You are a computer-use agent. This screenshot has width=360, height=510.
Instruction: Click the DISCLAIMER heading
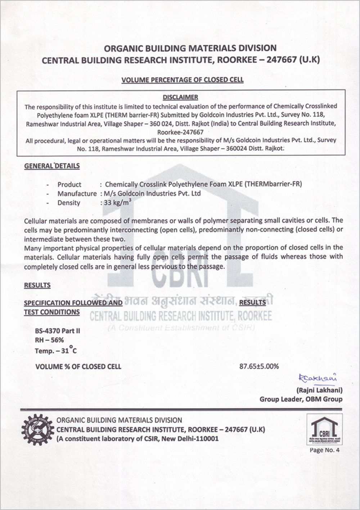coord(180,97)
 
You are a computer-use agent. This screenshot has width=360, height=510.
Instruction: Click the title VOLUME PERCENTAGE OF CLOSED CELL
coord(183,80)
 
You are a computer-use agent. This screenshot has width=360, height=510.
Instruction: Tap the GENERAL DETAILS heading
coord(52,166)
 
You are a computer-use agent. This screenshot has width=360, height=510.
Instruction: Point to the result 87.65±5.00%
coord(259,367)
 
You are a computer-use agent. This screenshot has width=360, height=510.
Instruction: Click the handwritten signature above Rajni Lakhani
coord(317,378)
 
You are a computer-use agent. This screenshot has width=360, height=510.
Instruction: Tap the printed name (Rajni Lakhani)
coord(319,390)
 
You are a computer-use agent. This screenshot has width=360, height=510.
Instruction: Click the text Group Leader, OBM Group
coord(301,399)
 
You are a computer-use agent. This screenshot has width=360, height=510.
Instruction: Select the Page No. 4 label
coord(324,450)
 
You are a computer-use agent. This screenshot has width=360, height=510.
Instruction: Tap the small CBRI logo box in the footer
coord(324,430)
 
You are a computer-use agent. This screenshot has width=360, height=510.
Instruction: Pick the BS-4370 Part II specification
coord(57,331)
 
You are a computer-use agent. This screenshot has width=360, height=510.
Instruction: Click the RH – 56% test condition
coord(49,340)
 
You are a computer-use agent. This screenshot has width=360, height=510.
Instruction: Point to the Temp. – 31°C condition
coord(56,350)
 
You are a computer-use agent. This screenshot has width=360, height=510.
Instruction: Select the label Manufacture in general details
coord(77,194)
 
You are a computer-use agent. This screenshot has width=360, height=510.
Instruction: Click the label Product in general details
coord(69,185)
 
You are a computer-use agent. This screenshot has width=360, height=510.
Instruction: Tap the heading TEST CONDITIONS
coord(52,312)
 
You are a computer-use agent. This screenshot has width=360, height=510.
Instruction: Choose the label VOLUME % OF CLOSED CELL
coord(78,367)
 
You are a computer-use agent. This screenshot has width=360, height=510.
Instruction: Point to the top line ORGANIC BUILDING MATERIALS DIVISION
coord(190,48)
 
